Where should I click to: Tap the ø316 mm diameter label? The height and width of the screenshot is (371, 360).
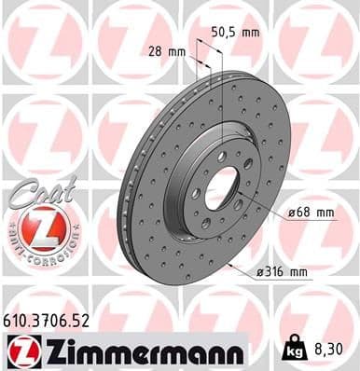pos(282,272)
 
